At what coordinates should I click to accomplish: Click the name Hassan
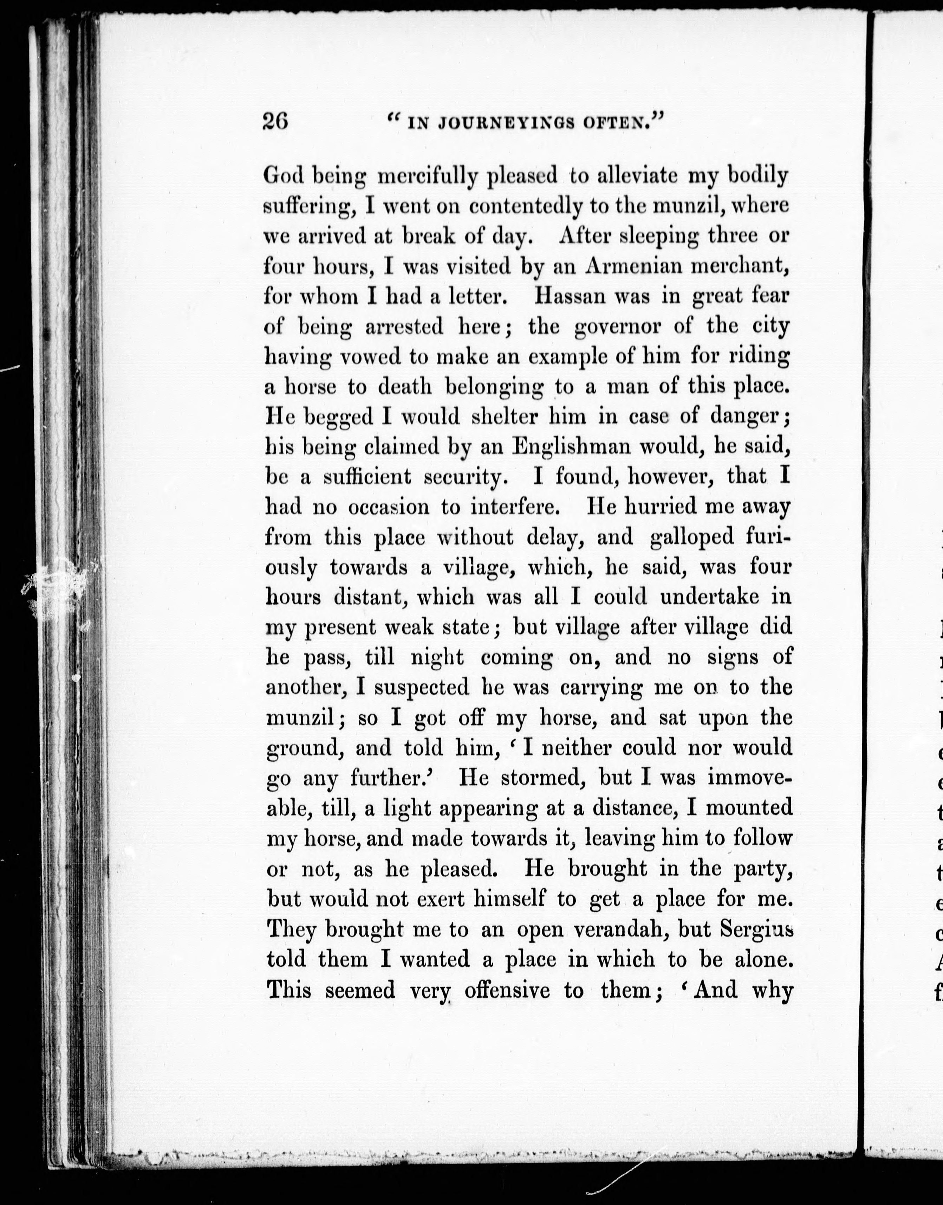coord(571,297)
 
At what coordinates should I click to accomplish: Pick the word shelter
coord(505,417)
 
